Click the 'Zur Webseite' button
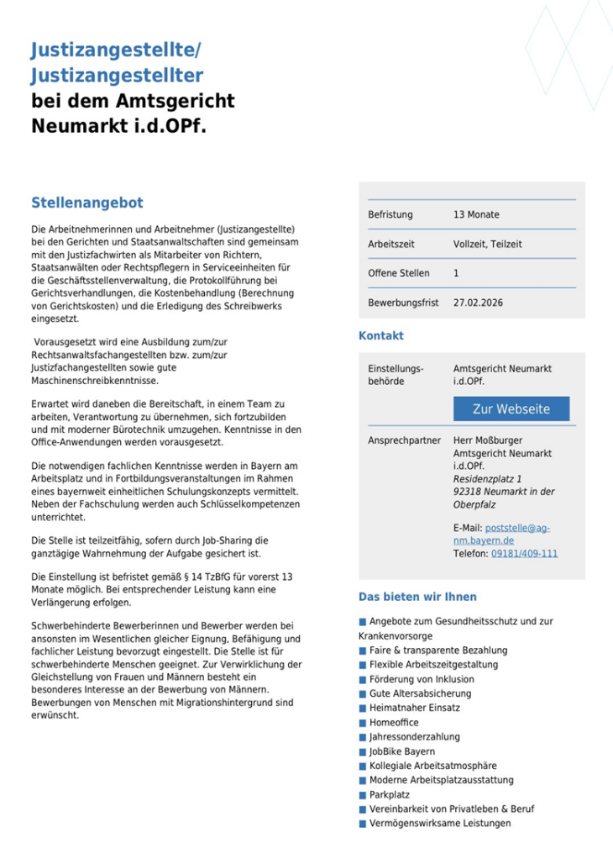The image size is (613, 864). pos(511,409)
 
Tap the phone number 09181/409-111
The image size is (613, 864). pos(524,554)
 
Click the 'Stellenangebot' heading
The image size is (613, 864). pos(87,203)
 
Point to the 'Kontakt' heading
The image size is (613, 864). pos(381,335)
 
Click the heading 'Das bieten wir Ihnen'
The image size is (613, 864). pos(417,597)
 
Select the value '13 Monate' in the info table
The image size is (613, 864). pos(476,215)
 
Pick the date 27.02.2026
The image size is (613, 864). pos(478,303)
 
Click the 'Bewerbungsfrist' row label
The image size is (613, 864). pos(403,303)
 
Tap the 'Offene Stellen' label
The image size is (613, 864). pos(398,273)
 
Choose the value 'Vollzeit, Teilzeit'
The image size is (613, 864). pos(487,245)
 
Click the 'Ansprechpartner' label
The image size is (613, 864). pos(405,440)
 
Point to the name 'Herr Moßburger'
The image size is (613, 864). pos(488,440)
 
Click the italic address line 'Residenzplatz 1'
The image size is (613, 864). pos(487,479)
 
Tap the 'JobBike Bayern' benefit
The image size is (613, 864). pos(401,751)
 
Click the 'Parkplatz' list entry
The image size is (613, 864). pos(389,794)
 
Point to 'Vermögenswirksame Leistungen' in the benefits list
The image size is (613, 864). pos(439,824)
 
